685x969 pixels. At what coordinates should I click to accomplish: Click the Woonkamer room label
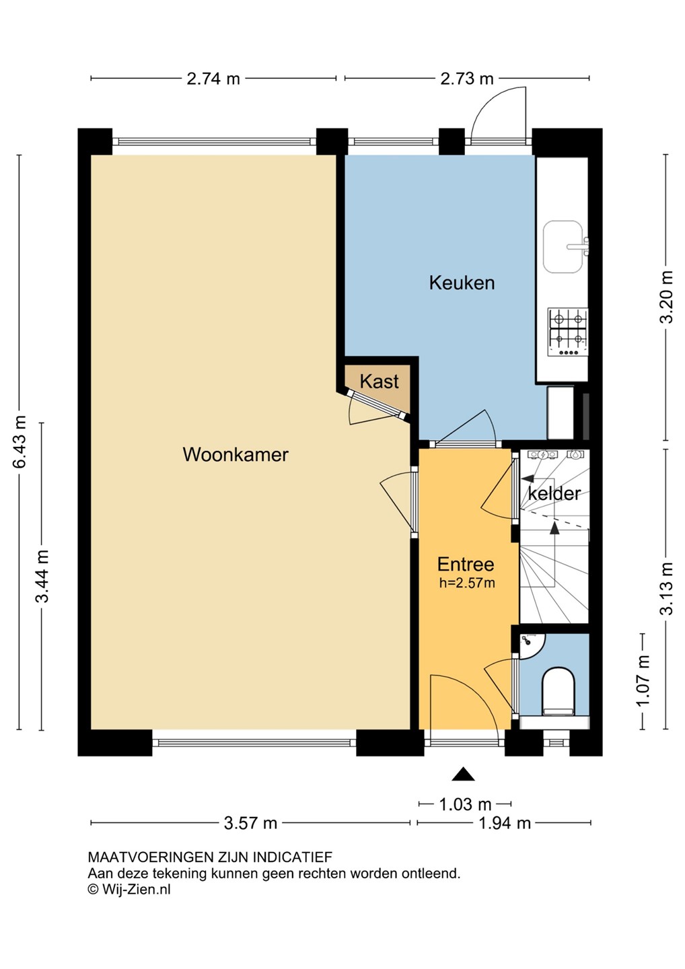pos(236,455)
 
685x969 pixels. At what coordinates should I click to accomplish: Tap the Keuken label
pos(462,283)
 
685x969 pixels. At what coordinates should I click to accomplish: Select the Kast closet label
pos(379,382)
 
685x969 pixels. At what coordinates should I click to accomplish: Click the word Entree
pos(466,564)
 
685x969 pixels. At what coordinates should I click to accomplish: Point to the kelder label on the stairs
pos(554,493)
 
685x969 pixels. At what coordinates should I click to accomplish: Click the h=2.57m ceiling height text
pos(467,583)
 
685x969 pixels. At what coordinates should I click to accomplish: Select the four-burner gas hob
pos(568,332)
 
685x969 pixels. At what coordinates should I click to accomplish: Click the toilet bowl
pos(558,693)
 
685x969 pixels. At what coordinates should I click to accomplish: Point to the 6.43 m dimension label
pos(20,441)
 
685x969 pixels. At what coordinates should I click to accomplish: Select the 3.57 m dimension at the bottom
pos(250,823)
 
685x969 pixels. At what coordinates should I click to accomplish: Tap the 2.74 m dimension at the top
pos(213,79)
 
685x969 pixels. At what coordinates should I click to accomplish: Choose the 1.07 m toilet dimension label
pos(643,680)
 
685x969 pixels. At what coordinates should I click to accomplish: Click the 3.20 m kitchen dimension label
pos(666,297)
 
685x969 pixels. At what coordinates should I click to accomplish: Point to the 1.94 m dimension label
pos(504,823)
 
